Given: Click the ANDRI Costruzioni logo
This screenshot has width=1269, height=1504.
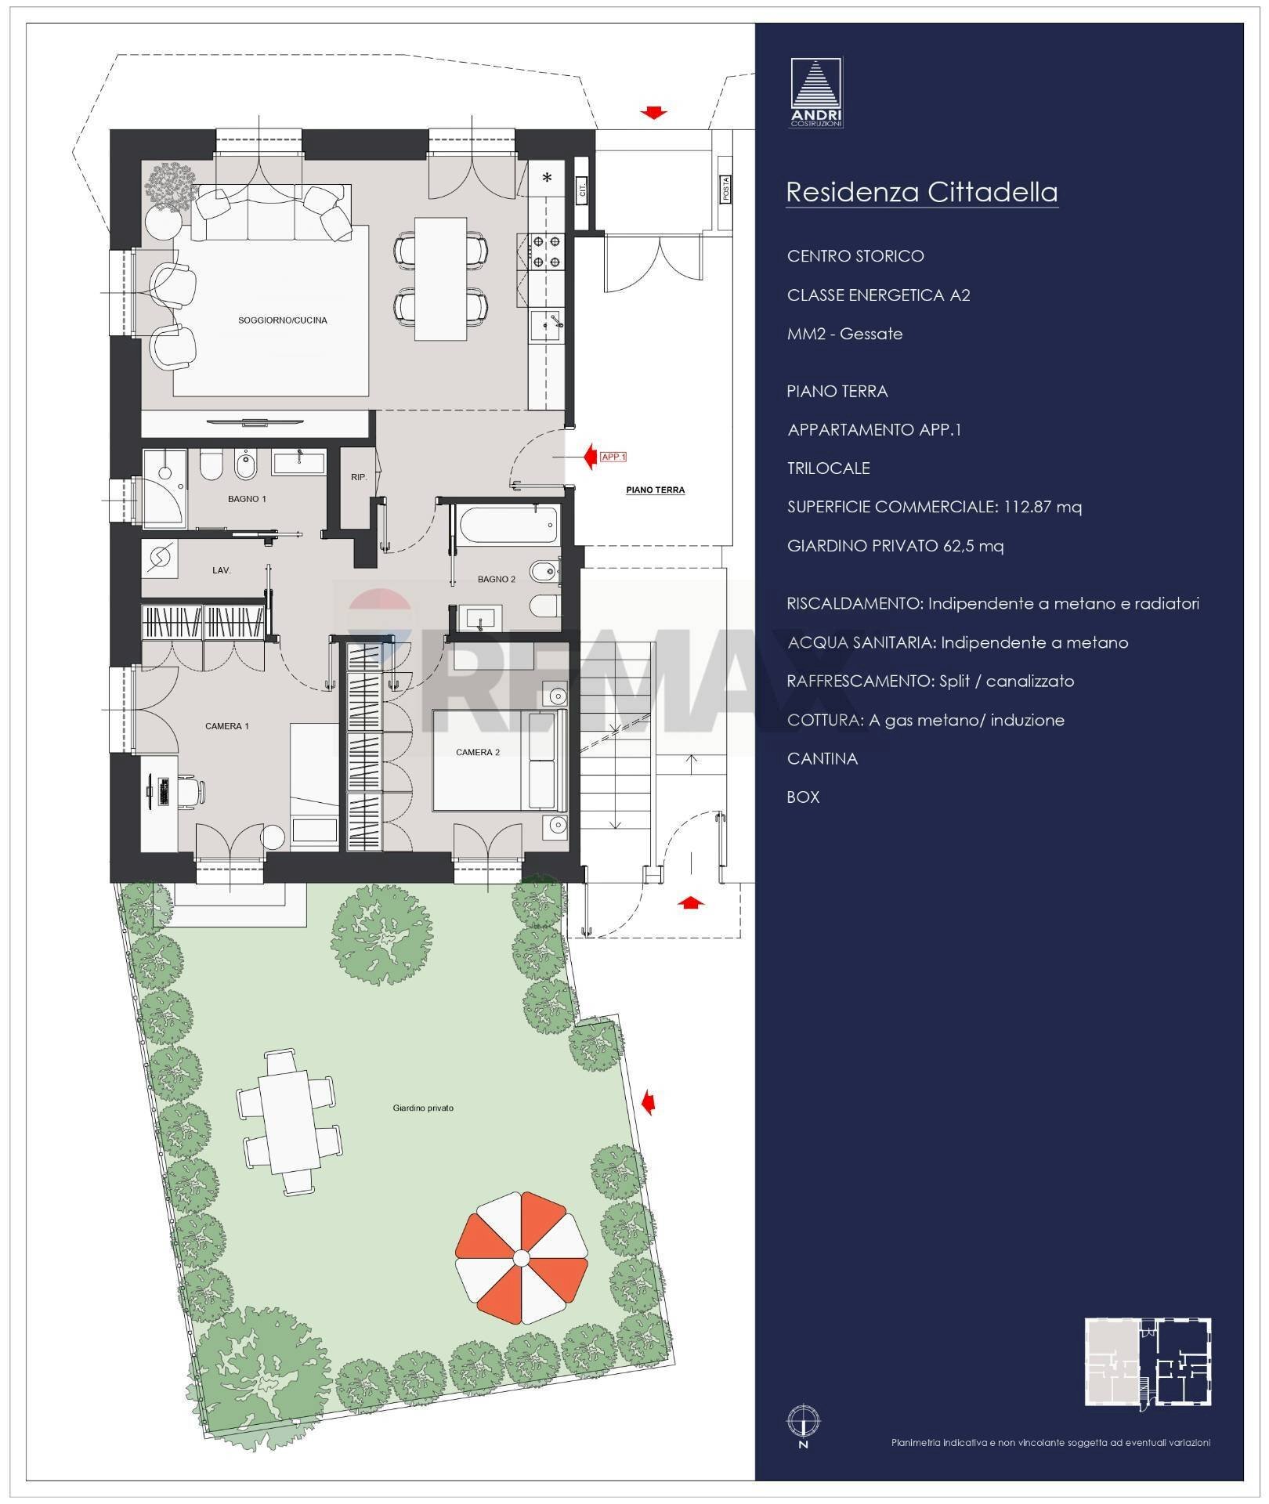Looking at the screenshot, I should coord(816,92).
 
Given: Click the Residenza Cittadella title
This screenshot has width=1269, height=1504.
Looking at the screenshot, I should coord(921,192).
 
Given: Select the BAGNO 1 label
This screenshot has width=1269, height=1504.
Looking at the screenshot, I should coord(247,499).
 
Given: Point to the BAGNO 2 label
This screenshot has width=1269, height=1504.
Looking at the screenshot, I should coord(497,579).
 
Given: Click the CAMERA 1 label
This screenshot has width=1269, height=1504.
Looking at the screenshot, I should coord(227,726).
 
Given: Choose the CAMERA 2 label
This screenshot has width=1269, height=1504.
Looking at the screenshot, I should coord(477,752).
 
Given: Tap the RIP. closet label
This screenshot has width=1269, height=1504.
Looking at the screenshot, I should coord(359,477).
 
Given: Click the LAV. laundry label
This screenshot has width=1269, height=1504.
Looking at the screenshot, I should coord(221,570).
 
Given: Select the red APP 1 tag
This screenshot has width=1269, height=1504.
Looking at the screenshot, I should coord(613,457).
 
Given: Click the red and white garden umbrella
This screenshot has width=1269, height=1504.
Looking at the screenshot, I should coord(521,1258).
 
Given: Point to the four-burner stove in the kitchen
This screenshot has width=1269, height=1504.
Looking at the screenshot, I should coord(546,251).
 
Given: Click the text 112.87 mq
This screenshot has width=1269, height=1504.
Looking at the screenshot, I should coord(1041,507).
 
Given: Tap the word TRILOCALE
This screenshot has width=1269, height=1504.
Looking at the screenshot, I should coord(828,468).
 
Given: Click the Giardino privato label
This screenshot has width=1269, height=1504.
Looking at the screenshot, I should coord(423,1108).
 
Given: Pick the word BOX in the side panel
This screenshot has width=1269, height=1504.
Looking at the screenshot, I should coord(803,797).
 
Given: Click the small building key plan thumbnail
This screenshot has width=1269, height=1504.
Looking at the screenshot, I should coord(1148,1362).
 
